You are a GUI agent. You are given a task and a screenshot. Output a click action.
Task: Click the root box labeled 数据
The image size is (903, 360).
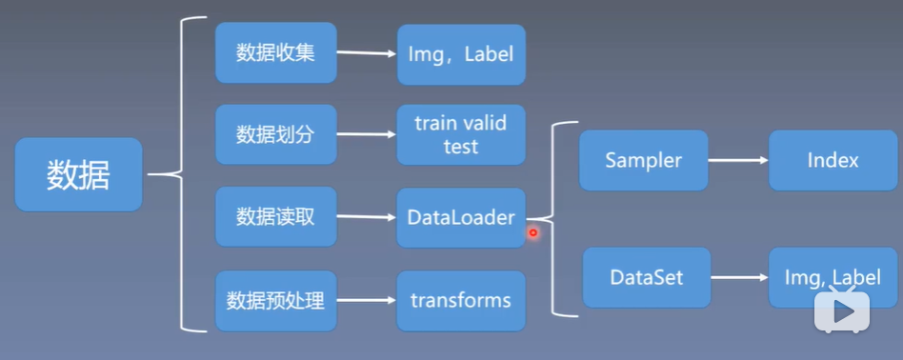tap(78, 174)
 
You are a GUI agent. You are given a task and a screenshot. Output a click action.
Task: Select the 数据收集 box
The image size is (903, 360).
tap(275, 53)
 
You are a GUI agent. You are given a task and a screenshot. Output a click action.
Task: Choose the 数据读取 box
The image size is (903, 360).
tap(275, 217)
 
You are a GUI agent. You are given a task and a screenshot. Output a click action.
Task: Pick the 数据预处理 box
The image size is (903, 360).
tap(275, 301)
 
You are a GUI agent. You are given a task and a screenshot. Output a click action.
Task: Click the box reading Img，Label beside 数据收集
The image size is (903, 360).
tap(461, 53)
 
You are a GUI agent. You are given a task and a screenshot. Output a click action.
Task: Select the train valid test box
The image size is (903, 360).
tap(461, 135)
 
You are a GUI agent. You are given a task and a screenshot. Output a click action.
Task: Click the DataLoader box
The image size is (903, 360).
tap(461, 217)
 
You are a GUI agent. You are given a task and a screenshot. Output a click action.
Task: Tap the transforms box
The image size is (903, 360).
tap(461, 301)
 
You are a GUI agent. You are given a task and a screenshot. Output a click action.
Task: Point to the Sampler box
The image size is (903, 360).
tap(644, 160)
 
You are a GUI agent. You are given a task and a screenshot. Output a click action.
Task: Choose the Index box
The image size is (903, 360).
tap(833, 160)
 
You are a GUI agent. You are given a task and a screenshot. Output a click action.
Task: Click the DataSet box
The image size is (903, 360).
tap(646, 278)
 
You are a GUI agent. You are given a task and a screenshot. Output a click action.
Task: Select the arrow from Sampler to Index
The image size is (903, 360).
tap(738, 160)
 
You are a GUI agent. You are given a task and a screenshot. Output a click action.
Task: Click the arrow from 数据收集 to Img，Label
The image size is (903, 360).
tap(367, 53)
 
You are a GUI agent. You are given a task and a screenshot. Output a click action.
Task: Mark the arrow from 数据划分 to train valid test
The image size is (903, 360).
tap(367, 135)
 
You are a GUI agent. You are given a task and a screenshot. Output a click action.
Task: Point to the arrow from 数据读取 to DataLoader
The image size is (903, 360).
tap(367, 217)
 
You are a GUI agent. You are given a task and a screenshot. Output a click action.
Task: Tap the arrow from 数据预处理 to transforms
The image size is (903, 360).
tap(367, 301)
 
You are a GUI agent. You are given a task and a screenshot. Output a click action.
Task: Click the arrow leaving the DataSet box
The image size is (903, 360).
tap(739, 278)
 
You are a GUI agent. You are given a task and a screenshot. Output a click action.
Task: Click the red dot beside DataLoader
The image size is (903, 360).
tap(533, 232)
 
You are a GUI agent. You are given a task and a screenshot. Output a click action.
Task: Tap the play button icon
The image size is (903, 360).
tap(842, 311)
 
